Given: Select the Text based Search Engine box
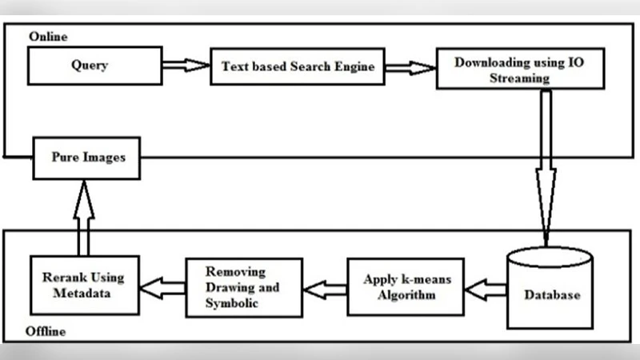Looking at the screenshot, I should click(298, 66).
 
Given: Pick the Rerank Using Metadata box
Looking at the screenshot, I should click(83, 286).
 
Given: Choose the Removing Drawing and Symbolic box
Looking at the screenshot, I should click(243, 286).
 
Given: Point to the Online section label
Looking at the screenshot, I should click(48, 37).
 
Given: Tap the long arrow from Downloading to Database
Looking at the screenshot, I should click(546, 160).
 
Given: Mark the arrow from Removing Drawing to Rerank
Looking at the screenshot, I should click(162, 286).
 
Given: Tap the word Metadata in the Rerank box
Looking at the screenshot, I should click(83, 293).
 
